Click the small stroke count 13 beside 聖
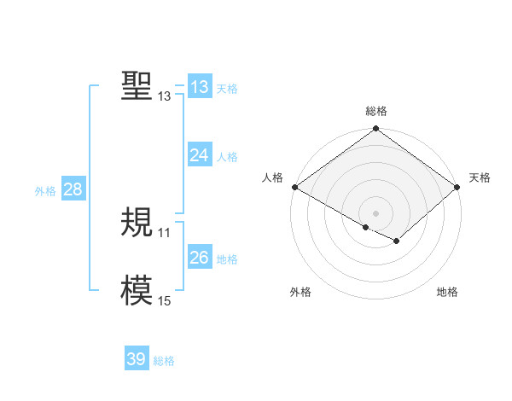[164, 96]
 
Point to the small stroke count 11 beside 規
[164, 232]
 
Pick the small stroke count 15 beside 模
[164, 300]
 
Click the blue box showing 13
[200, 87]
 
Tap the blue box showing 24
[200, 155]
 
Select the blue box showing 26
[200, 258]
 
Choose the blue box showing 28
[73, 189]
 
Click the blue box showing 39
[137, 359]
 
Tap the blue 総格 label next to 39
[164, 361]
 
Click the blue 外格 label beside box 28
[45, 191]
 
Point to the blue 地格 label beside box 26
[227, 259]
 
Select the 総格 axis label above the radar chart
[375, 111]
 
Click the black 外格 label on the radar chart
[300, 293]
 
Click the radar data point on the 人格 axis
[294, 187]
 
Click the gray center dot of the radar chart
[375, 212]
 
